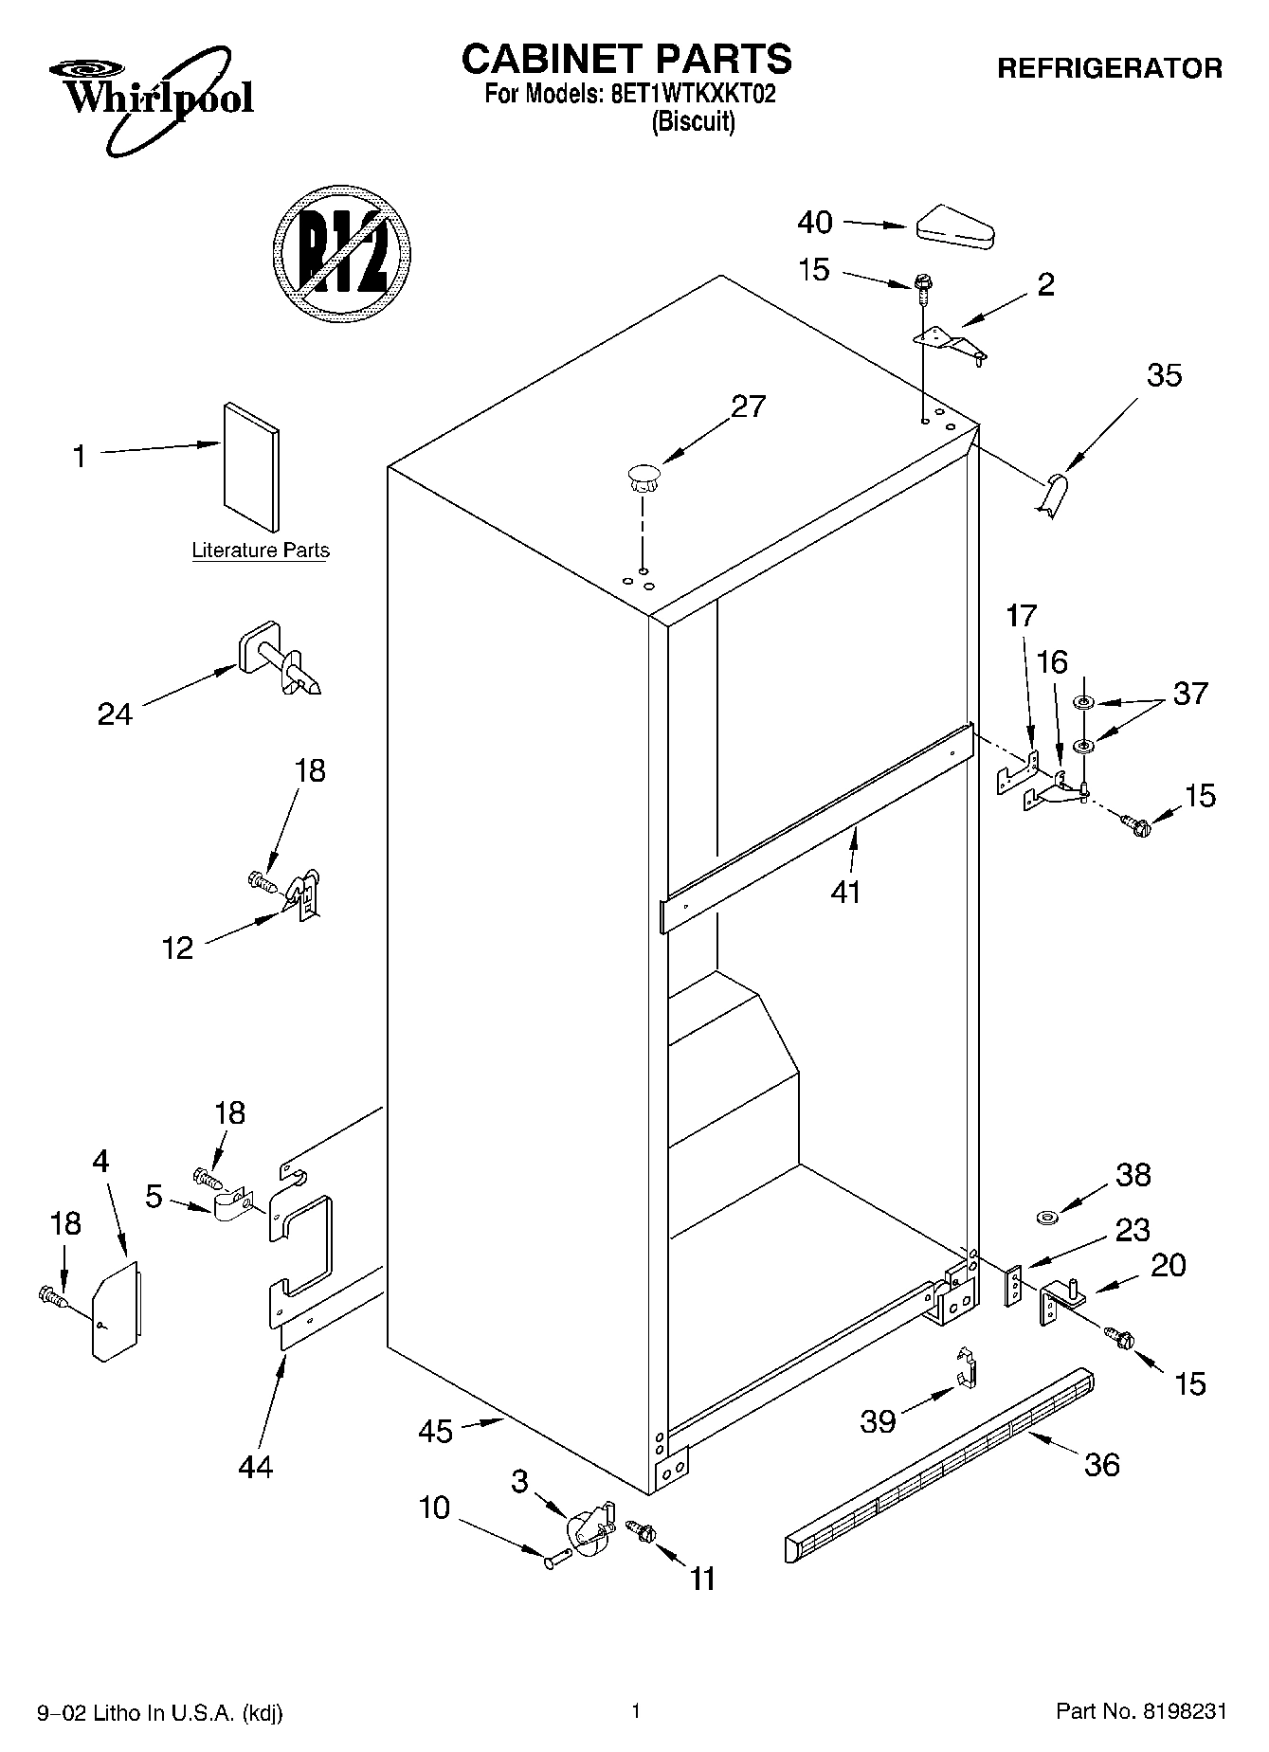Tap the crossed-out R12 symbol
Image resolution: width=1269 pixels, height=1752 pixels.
tap(341, 252)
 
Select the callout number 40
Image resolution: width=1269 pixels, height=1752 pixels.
tap(814, 223)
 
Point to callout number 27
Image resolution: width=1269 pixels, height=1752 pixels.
tap(748, 406)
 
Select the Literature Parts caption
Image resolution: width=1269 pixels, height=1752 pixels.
tap(261, 551)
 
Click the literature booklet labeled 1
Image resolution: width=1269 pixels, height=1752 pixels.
tap(252, 466)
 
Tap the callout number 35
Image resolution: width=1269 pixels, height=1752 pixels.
tap(1164, 375)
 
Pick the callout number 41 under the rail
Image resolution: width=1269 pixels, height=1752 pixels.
tap(845, 891)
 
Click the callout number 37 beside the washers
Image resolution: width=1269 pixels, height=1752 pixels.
tap(1190, 694)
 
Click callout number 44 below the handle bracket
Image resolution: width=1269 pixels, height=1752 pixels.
tap(256, 1467)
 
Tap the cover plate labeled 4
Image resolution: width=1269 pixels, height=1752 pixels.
tap(116, 1311)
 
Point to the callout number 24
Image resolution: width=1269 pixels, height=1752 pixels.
tap(115, 713)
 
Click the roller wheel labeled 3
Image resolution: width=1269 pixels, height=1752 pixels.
tap(589, 1528)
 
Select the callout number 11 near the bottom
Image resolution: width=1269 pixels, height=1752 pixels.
tap(701, 1579)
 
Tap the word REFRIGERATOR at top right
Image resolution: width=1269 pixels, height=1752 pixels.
tap(1109, 68)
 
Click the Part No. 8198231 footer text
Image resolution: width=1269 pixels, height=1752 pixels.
tap(1141, 1711)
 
